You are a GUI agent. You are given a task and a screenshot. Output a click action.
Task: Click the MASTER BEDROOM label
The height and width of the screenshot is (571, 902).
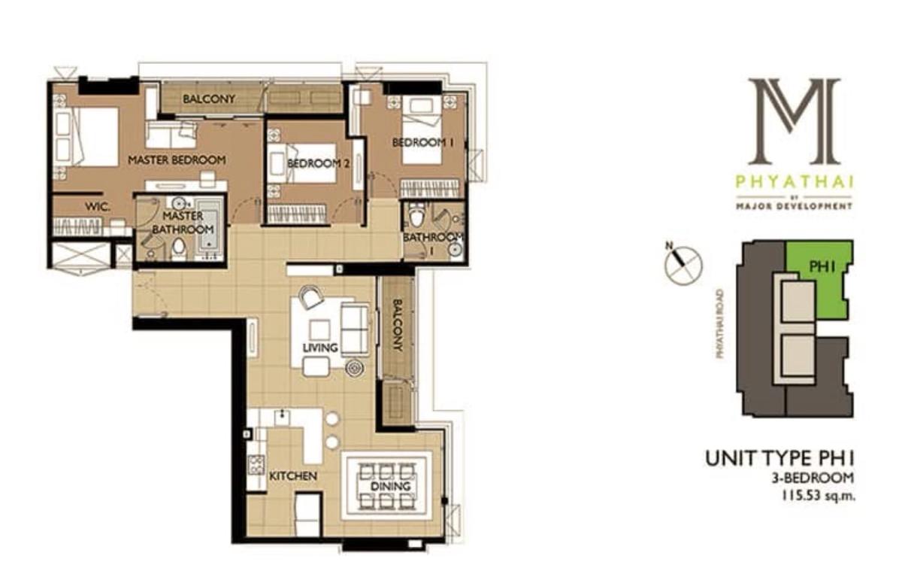coord(177,160)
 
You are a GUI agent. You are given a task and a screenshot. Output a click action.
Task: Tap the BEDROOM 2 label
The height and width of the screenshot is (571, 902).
coord(318,163)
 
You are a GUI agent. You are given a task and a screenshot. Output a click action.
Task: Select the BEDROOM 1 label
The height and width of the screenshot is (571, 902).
coord(424,142)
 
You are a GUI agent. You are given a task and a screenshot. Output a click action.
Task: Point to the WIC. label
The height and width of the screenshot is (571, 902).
coord(98,207)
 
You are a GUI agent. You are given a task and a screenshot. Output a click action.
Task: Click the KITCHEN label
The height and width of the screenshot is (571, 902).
coord(292,476)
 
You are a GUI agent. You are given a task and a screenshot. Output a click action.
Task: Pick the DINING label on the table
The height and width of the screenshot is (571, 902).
coord(390,487)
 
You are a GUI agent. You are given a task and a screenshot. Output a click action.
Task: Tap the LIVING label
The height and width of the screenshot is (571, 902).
coord(320,348)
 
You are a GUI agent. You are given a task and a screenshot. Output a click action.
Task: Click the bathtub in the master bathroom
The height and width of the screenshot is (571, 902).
coord(210,227)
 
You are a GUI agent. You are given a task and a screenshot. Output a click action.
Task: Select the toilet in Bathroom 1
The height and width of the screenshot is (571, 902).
coord(416,214)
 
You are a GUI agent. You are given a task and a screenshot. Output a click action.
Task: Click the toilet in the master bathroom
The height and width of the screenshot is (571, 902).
coord(178,246)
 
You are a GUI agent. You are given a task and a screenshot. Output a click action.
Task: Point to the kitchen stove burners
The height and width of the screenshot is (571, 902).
coord(256,465)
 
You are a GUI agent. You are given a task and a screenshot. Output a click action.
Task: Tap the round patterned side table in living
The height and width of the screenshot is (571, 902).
coord(355,368)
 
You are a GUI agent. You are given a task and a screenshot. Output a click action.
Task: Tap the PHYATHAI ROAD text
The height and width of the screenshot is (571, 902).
coord(719,324)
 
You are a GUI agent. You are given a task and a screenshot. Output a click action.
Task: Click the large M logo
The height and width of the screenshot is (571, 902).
coord(794,122)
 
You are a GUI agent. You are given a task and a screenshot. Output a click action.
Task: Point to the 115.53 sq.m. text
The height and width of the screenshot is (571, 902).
coord(818,495)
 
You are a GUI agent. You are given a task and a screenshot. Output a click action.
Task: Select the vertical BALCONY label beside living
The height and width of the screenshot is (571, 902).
coord(398,325)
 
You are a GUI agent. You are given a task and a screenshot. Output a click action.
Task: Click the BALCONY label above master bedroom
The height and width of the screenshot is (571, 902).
coord(209,99)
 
